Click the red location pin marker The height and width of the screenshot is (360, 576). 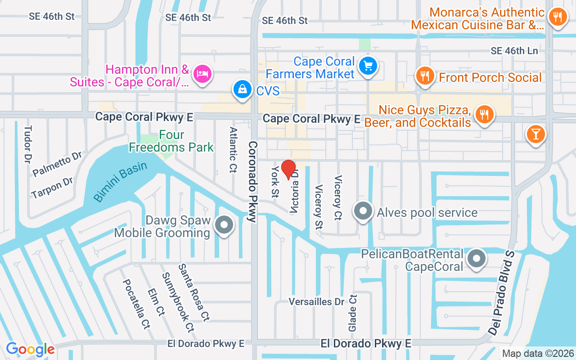288,169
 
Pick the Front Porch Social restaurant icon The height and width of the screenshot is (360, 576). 424,75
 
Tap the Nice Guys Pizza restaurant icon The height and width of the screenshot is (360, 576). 484,114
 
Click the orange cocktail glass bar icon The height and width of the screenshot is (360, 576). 535,134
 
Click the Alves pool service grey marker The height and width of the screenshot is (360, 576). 363,211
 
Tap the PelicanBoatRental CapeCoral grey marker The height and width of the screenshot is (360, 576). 476,259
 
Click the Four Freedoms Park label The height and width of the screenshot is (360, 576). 171,141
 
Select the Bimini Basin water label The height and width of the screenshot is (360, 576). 121,181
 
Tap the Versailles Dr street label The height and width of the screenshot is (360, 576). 316,301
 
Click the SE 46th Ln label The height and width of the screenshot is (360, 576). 514,51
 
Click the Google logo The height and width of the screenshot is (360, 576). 30,349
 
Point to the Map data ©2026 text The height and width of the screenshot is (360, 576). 538,354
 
